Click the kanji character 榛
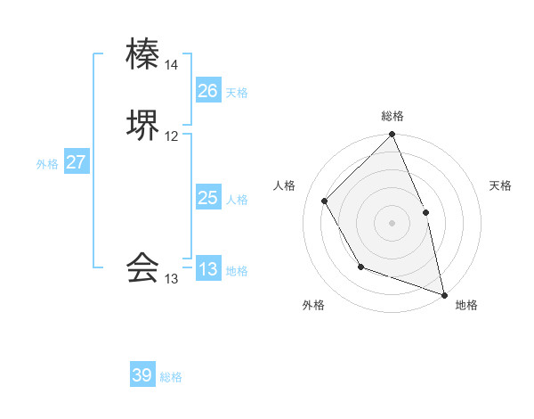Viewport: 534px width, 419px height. tap(143, 54)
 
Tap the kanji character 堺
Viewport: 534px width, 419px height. tap(143, 125)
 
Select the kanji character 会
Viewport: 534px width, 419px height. tap(143, 267)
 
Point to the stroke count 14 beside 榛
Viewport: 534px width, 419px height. tap(172, 65)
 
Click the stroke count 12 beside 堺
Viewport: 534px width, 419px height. tap(172, 136)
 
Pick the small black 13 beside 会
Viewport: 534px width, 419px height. tap(172, 278)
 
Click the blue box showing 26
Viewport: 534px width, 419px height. tap(207, 91)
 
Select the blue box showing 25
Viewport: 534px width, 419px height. tap(207, 198)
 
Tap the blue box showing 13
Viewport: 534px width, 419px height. tap(207, 269)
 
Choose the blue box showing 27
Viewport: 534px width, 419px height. tap(76, 162)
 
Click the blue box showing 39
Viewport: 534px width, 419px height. tap(142, 375)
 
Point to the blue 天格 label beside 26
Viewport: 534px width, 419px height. tap(237, 93)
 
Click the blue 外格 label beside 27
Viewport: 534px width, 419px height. tap(47, 164)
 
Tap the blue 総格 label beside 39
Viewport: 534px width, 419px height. tap(172, 377)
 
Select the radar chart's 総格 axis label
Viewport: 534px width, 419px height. tap(392, 116)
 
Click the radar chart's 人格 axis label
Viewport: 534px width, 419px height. tap(285, 185)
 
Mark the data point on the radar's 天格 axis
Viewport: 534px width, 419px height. tap(425, 212)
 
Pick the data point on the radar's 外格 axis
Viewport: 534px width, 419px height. tap(360, 267)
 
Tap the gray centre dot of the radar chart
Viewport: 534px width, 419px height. tap(392, 223)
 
